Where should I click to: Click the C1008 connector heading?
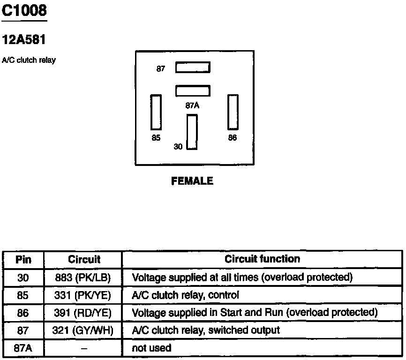[x=24, y=10]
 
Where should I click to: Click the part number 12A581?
[x=24, y=40]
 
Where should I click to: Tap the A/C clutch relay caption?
[x=29, y=60]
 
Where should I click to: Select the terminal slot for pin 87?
[x=193, y=68]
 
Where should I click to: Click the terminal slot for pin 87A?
[x=193, y=90]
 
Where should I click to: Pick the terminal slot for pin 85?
[x=156, y=112]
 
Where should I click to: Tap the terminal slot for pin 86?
[x=233, y=112]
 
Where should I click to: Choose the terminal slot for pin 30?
[x=192, y=132]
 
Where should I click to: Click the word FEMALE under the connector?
[x=192, y=181]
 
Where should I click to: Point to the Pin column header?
[x=23, y=259]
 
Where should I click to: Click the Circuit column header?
[x=84, y=259]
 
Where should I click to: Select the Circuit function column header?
[x=263, y=259]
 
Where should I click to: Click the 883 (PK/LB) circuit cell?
[x=83, y=277]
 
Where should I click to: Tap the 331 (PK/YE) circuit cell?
[x=83, y=295]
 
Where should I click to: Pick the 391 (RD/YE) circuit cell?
[x=83, y=313]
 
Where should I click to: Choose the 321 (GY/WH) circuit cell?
[x=83, y=330]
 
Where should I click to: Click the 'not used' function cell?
[x=152, y=348]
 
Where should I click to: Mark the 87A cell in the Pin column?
[x=23, y=348]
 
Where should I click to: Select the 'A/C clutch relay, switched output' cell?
[x=206, y=330]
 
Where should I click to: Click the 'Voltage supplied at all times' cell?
[x=242, y=277]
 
